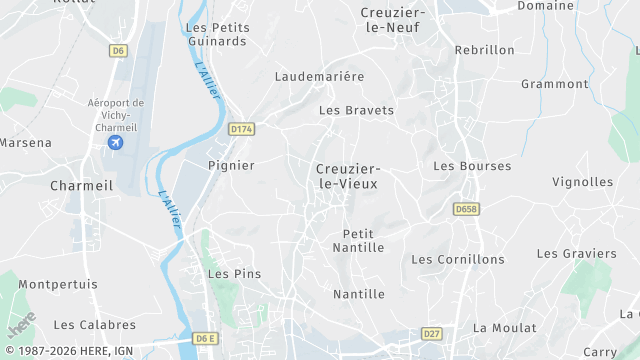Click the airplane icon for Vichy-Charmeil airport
coord(115,142)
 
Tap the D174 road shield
coord(241,129)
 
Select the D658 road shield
coord(466,209)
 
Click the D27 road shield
coord(431,333)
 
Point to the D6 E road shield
coord(205,338)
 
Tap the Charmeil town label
coord(82,186)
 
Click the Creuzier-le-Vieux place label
coord(348,177)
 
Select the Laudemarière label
coord(320,76)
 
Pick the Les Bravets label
coord(356,110)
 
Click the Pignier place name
coord(231,165)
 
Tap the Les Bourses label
coord(472,166)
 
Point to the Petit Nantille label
coord(358,240)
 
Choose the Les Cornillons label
coord(458,259)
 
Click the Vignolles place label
coord(583,182)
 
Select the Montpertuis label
coord(58,284)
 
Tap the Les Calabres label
coord(94,324)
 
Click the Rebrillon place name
coord(484,50)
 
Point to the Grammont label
coord(555,84)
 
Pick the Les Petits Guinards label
coord(217,34)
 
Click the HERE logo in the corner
coord(22,325)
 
